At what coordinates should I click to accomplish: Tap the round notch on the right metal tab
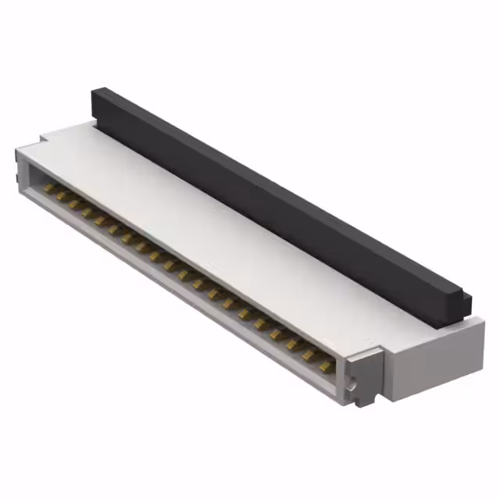355,386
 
